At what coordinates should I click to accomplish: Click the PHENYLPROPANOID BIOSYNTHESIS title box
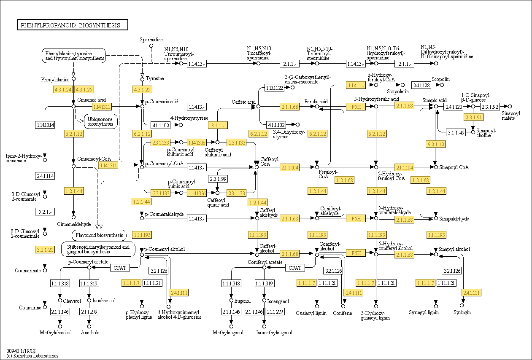(x=72, y=25)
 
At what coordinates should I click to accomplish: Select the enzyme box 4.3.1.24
(x=63, y=89)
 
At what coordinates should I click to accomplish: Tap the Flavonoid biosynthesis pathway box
(x=98, y=235)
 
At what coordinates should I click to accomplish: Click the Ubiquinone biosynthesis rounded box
(x=100, y=121)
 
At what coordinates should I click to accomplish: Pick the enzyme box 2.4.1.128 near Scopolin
(x=421, y=85)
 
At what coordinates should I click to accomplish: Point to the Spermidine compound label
(x=151, y=40)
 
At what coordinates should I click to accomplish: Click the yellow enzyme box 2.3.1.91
(x=473, y=118)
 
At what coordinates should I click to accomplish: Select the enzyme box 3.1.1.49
(x=456, y=132)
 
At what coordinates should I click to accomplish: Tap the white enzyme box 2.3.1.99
(x=218, y=179)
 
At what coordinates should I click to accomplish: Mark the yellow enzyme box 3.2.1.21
(x=45, y=250)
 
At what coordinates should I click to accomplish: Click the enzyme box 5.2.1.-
(x=45, y=211)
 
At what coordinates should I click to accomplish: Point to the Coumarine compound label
(x=30, y=308)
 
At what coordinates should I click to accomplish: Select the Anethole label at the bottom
(x=90, y=333)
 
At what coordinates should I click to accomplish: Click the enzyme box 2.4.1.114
(x=45, y=176)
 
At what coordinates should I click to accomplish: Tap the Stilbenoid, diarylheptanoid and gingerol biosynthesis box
(x=98, y=249)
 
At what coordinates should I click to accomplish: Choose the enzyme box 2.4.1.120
(x=454, y=107)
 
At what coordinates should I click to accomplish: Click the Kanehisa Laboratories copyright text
(x=32, y=356)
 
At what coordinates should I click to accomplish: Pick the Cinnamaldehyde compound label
(x=74, y=224)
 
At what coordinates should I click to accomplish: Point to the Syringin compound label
(x=462, y=312)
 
